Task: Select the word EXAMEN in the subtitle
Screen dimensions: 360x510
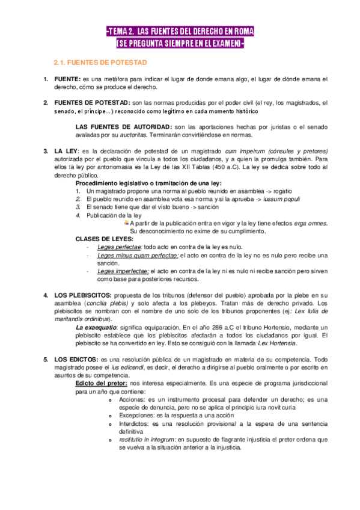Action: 224,43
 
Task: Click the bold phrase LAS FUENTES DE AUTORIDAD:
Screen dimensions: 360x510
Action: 123,127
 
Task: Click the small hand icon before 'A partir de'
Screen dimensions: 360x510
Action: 126,223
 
